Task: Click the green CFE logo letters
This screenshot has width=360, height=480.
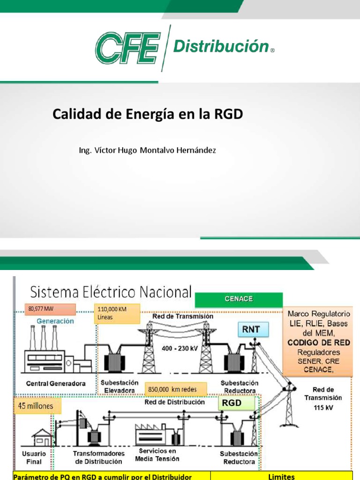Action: tap(127, 47)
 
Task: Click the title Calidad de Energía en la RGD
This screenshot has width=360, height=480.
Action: tap(148, 114)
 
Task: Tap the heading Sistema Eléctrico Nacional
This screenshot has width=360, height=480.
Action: tap(111, 292)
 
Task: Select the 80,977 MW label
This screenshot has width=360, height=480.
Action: tap(51, 309)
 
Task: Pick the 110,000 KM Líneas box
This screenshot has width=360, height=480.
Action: tap(117, 313)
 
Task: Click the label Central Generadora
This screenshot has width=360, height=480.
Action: tap(56, 383)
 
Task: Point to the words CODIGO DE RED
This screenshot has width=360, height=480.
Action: tap(319, 343)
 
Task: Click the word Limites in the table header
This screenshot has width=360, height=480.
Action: tap(282, 476)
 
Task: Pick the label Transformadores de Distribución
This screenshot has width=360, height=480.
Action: tap(99, 457)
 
